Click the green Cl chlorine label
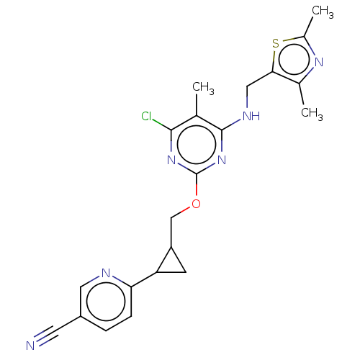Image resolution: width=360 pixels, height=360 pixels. (x=146, y=117)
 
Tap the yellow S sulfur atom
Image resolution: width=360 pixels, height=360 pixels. (x=276, y=44)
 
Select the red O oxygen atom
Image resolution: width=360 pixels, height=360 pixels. (x=196, y=204)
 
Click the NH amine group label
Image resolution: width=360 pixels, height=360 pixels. (x=251, y=116)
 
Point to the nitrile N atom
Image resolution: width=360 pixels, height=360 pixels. (x=30, y=346)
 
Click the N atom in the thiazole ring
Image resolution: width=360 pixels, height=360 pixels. (x=319, y=62)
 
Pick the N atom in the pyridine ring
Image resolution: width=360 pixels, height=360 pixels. (x=106, y=273)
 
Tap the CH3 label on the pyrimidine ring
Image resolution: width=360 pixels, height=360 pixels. (x=203, y=88)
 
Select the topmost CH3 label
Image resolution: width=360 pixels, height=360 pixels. (x=323, y=12)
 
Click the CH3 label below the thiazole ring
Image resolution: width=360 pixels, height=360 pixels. (x=312, y=113)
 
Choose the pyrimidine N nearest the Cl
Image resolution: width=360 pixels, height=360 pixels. (x=171, y=160)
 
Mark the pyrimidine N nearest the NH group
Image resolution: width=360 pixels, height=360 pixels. (x=222, y=160)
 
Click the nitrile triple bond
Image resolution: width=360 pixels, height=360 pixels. (x=46, y=336)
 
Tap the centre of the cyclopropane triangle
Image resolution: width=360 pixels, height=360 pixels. (x=171, y=264)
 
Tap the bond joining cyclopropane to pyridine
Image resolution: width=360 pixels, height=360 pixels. (x=144, y=279)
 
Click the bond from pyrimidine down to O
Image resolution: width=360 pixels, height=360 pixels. (x=197, y=184)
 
